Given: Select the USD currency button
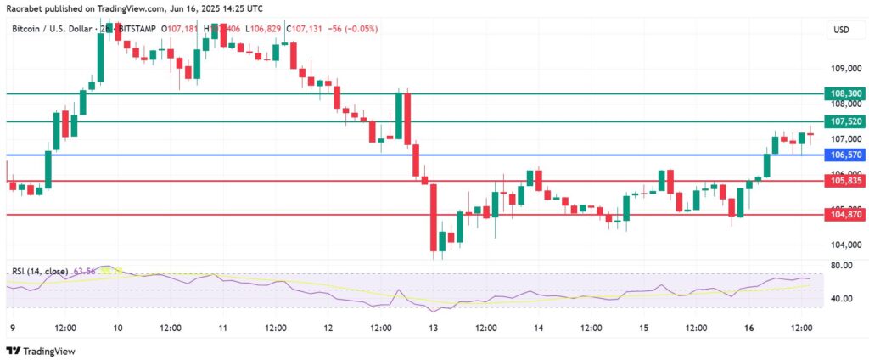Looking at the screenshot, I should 841,30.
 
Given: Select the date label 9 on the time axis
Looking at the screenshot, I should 11,327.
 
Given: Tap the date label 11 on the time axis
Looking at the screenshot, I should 222,327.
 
